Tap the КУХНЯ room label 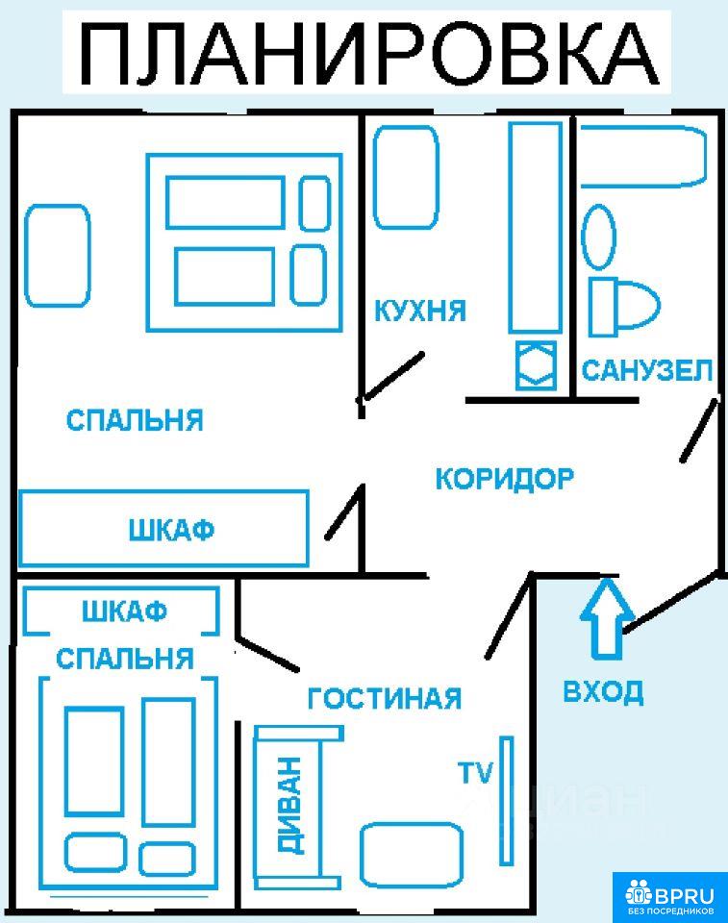419,312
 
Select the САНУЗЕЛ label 647,370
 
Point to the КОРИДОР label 504,479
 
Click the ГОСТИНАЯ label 384,699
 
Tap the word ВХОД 603,691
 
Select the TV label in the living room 474,772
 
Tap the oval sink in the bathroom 598,237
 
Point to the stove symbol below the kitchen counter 536,364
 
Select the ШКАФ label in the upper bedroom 171,530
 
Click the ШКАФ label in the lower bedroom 124,611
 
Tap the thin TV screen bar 506,800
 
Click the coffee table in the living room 411,855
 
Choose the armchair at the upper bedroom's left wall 58,255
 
